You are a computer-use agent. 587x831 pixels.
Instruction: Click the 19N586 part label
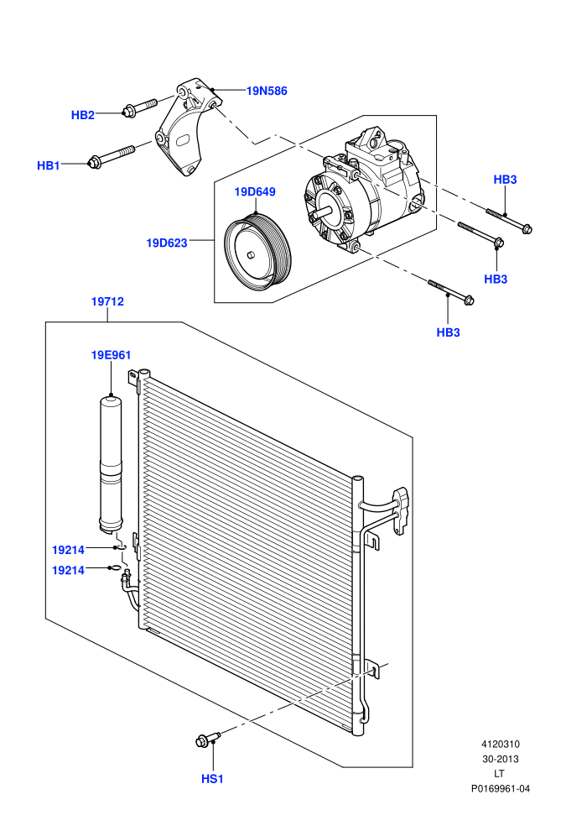pos(267,91)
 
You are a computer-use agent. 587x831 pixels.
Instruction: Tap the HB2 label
pos(82,115)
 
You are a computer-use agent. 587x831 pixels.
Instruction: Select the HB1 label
pos(48,165)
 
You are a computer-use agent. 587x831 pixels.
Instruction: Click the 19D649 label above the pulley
pos(255,191)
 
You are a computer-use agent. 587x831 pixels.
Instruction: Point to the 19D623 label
pos(167,243)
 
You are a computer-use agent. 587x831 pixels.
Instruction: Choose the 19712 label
pos(107,301)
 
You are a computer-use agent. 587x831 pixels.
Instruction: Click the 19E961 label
pos(112,354)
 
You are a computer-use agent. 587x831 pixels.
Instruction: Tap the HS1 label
pos(212,778)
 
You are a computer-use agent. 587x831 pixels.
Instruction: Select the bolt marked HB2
pos(140,106)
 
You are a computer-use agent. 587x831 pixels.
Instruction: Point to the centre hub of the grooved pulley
pos(252,254)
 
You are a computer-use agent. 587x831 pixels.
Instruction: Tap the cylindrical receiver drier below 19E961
pos(111,463)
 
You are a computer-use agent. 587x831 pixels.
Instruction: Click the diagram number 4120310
pos(500,744)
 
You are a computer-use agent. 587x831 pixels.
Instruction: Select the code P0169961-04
pos(500,788)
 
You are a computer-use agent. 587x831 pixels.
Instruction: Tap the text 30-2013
pos(500,759)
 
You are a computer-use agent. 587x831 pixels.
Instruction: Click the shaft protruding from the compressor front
pos(322,211)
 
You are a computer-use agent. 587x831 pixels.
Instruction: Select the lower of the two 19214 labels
pos(68,570)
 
